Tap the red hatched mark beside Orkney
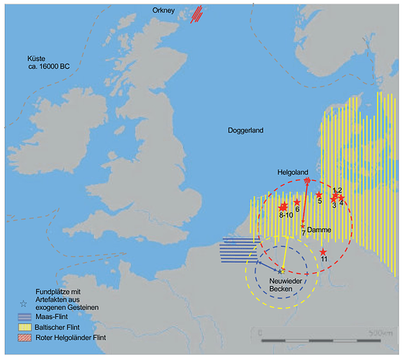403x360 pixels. coord(196,14)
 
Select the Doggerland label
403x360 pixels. coord(243,131)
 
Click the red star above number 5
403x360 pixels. coord(319,195)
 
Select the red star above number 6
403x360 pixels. coord(296,203)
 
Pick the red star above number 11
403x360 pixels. coord(323,251)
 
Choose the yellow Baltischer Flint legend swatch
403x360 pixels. coord(27,326)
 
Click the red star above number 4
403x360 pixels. coord(342,197)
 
